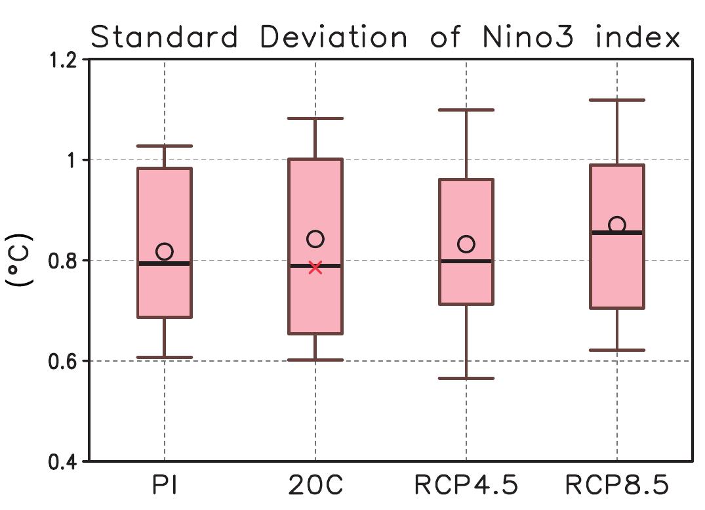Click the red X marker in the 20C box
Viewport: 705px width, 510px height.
coord(315,267)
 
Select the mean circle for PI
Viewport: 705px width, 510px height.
coord(164,251)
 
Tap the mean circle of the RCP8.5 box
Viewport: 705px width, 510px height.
coord(616,225)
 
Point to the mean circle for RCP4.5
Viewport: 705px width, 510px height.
coord(466,244)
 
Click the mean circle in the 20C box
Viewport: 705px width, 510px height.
coord(315,239)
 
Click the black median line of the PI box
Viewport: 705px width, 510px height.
coord(164,263)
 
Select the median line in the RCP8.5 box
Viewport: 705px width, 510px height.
coord(616,232)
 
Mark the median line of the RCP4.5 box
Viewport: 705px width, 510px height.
coord(466,261)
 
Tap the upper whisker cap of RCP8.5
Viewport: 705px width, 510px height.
coord(616,100)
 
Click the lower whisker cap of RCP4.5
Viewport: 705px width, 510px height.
coord(466,379)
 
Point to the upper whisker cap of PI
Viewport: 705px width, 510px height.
coord(164,146)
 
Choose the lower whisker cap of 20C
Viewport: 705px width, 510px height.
coord(315,360)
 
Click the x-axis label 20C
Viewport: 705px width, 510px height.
coord(315,486)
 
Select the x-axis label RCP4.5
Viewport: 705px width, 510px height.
coord(466,486)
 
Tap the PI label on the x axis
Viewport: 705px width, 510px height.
coord(164,486)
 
